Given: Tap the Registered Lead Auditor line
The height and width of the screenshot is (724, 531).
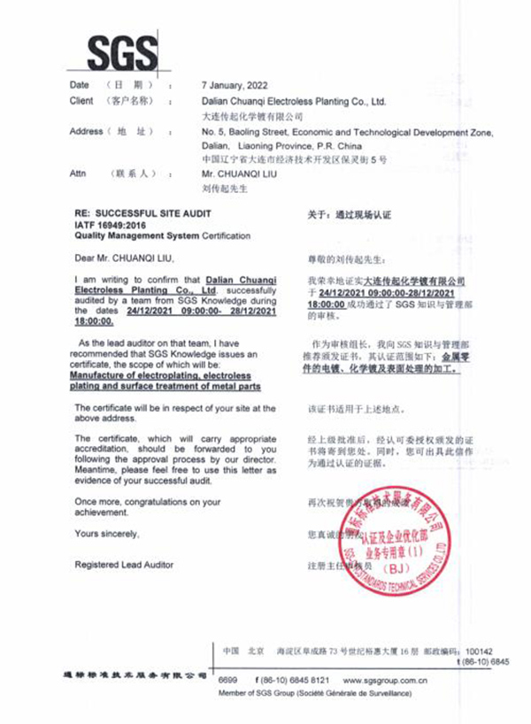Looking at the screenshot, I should click(x=124, y=565).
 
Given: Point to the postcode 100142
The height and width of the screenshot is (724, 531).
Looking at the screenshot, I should click(x=478, y=650).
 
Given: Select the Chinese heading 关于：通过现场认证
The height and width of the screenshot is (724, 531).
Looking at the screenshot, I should click(x=348, y=215).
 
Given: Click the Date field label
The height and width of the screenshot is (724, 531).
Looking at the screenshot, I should click(x=80, y=85).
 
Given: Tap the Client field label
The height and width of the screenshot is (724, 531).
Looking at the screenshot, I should click(x=82, y=101).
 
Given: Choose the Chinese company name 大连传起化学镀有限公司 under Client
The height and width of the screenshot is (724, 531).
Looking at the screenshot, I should click(x=252, y=116).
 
